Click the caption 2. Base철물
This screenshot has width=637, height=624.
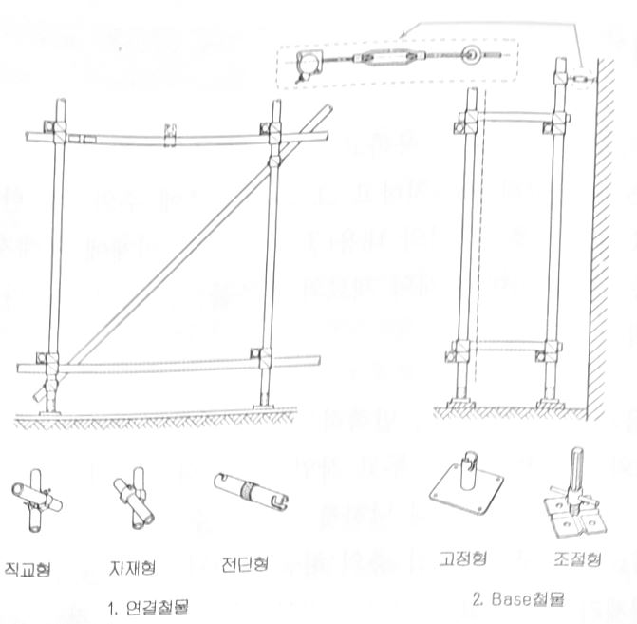click(x=524, y=599)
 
